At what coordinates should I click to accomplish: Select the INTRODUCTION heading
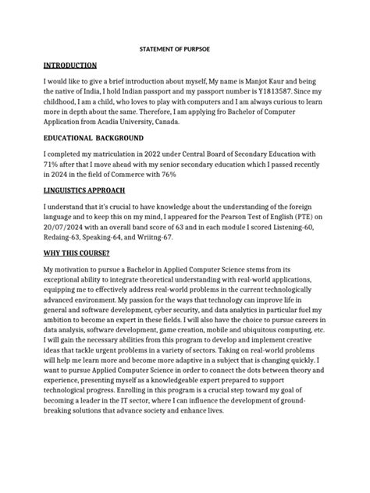[70, 66]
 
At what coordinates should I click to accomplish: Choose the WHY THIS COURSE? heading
[76, 254]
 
